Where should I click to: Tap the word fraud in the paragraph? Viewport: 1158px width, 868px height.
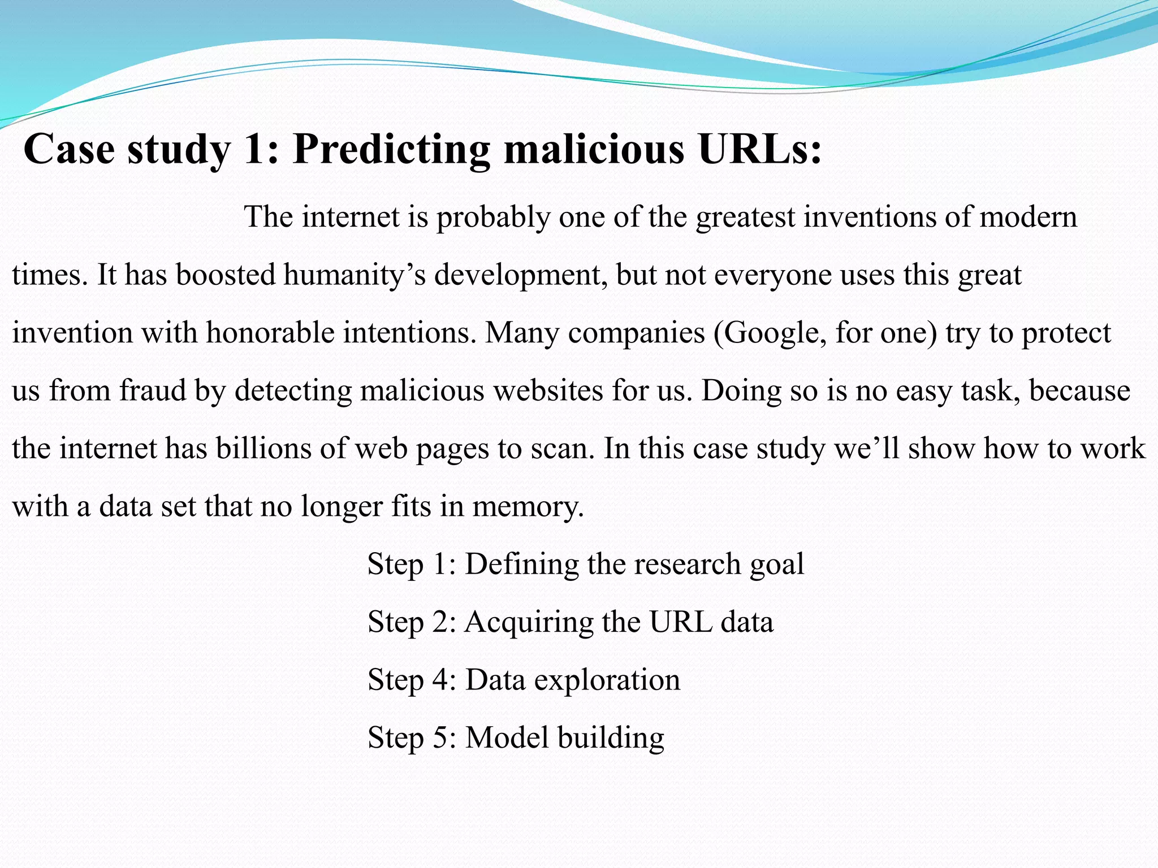click(x=153, y=390)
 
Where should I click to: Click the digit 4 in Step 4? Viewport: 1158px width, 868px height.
click(x=440, y=679)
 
